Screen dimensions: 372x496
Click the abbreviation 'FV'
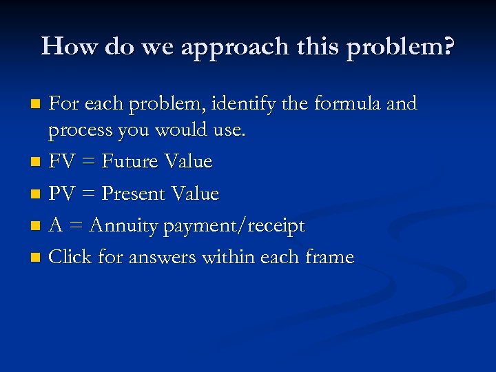pyautogui.click(x=61, y=162)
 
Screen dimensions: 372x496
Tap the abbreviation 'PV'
pyautogui.click(x=61, y=194)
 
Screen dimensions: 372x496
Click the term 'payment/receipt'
pyautogui.click(x=234, y=226)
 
